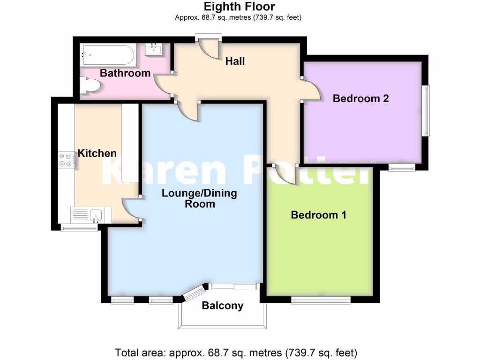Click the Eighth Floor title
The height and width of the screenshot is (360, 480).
[239, 7]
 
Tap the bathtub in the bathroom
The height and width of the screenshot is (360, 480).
[108, 55]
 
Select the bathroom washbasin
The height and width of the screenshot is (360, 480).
[154, 50]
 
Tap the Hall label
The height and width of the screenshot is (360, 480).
[235, 61]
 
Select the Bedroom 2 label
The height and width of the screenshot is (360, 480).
[360, 98]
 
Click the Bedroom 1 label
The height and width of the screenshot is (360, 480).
[318, 215]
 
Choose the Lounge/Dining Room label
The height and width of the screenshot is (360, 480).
[200, 198]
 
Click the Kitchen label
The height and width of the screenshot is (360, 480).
[97, 153]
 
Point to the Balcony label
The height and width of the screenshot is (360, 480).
[223, 306]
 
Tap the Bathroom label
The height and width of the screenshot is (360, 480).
[125, 73]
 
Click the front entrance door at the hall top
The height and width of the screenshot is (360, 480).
[209, 48]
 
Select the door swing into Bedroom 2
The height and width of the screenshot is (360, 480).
[311, 89]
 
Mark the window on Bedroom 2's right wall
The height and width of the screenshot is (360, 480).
[426, 110]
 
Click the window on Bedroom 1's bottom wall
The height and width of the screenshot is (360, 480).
[321, 300]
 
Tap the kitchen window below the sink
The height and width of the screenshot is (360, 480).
[79, 228]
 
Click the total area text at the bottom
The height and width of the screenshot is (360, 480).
[237, 352]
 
